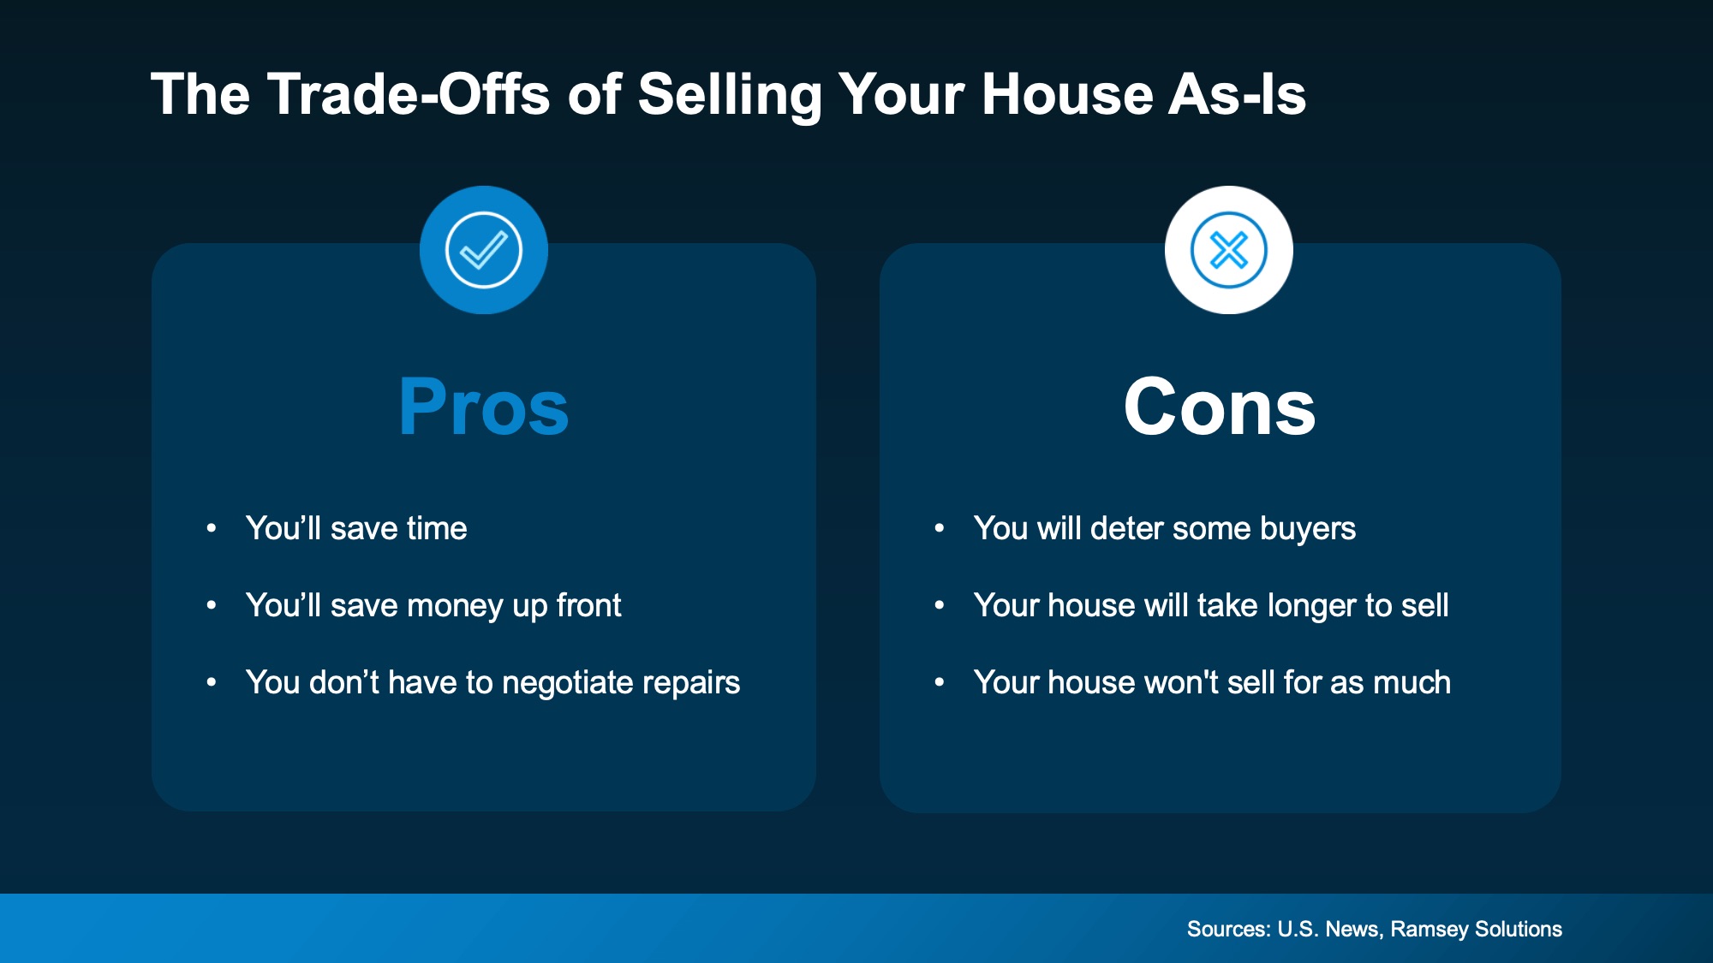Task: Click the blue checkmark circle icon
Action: click(484, 250)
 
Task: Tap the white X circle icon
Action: click(1228, 250)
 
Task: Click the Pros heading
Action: click(484, 407)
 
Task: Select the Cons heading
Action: click(1220, 407)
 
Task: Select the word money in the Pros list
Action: click(455, 606)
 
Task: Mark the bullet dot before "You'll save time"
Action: click(212, 529)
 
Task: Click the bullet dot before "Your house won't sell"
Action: click(940, 683)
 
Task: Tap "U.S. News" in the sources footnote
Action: click(1328, 929)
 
